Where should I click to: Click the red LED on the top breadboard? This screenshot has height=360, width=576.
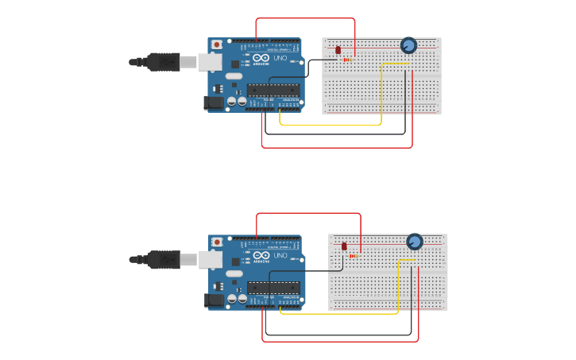[338, 50]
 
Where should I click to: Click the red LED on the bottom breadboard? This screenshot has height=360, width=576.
[344, 246]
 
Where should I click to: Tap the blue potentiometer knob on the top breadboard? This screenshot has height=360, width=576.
[408, 45]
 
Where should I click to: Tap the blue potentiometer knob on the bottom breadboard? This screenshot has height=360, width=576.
[415, 242]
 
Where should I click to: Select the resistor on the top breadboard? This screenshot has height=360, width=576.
[348, 60]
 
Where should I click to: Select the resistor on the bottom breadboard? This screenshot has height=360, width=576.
[354, 256]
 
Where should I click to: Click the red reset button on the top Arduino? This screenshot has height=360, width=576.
[216, 45]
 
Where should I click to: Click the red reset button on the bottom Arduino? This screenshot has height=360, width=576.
[217, 242]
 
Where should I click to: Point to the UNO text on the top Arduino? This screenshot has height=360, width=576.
[280, 58]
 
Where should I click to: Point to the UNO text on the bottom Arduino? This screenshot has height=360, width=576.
[280, 255]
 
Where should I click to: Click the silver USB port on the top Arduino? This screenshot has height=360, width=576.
[210, 62]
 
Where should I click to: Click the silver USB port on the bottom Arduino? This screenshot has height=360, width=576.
[211, 259]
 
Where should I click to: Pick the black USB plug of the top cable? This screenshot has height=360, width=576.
[164, 62]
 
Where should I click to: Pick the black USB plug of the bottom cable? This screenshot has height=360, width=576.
[164, 259]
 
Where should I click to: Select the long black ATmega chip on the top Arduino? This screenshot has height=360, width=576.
[273, 90]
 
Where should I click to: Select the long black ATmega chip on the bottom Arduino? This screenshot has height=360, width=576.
[273, 287]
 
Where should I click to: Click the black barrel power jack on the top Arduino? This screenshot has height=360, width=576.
[214, 102]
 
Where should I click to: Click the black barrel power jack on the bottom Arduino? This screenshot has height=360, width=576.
[214, 300]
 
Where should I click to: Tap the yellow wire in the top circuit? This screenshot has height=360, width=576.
[330, 125]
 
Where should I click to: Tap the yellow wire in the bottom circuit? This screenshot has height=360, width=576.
[338, 313]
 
